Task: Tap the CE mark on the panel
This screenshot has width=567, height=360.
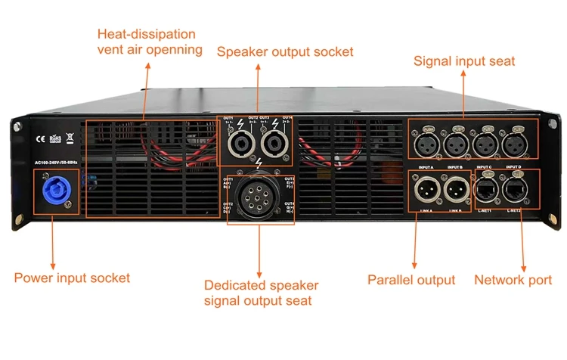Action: [38, 138]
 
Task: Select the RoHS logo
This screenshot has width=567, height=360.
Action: [54, 138]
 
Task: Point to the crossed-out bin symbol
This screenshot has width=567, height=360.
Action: [69, 138]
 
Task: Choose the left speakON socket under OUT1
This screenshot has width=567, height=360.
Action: [242, 143]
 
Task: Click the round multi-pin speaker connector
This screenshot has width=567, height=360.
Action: [258, 198]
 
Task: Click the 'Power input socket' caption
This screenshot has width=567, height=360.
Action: [72, 278]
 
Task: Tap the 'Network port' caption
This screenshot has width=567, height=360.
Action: [513, 280]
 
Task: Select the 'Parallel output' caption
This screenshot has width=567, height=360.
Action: [411, 280]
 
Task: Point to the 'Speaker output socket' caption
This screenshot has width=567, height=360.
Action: [285, 52]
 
